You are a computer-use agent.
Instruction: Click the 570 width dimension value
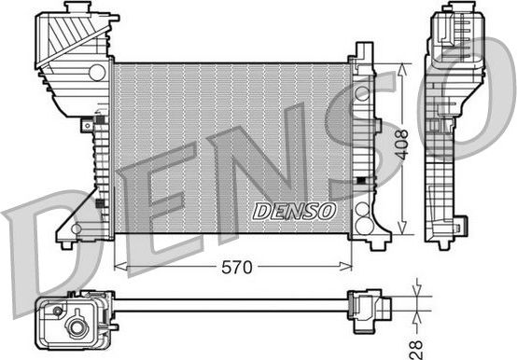pos(237,267)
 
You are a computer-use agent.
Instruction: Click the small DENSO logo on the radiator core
pos(294,211)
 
